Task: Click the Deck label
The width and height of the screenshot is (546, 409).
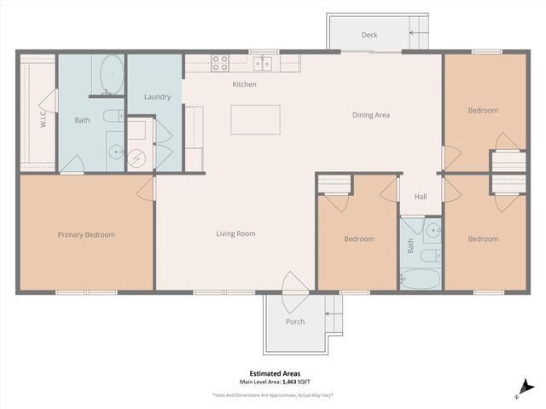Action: coord(369,35)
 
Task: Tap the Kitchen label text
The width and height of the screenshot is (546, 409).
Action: coord(245,84)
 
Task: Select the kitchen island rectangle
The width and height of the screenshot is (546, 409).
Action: coord(255,119)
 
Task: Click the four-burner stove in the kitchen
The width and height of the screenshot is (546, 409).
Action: coord(220,62)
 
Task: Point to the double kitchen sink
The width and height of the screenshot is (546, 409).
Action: coord(264,62)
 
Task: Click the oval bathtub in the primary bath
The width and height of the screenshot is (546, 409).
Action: coord(112,74)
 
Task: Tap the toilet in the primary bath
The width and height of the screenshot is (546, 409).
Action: coord(113,116)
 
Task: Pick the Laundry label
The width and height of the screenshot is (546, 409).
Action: coord(158,96)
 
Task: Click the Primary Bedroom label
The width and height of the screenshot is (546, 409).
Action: coord(86,234)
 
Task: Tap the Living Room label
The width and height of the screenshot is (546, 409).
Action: coord(235,233)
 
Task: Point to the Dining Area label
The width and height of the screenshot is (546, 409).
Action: coord(371,114)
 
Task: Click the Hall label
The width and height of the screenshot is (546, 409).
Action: coord(421,197)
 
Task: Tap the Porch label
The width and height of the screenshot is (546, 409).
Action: coord(295,321)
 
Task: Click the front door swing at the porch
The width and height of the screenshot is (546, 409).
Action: coord(293,283)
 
